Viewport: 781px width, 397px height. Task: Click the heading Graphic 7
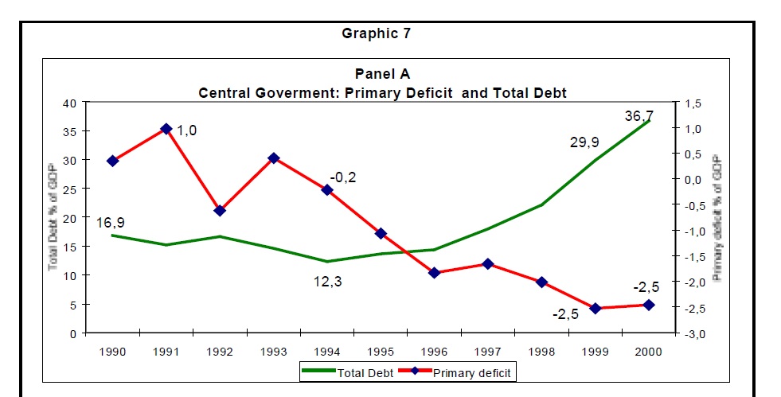tap(376, 33)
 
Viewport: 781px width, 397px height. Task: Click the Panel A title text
tap(382, 74)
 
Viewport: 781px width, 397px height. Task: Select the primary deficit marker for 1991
tap(166, 129)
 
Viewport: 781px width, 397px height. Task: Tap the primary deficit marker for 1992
tap(220, 211)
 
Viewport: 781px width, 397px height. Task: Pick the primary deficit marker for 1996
tap(434, 273)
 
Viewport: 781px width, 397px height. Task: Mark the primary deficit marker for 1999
tap(595, 308)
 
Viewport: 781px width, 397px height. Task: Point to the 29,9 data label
tap(584, 142)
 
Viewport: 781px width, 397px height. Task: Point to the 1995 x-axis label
tap(381, 350)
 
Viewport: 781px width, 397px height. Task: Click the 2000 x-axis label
tap(648, 350)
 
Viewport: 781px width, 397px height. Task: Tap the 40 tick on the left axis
tap(70, 103)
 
